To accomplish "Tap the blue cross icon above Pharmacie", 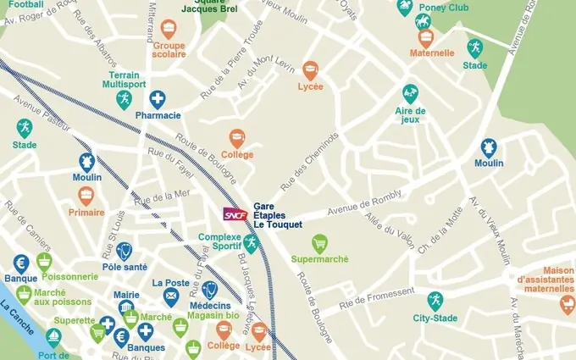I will coord(158,99).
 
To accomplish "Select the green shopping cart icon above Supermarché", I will coord(319,243).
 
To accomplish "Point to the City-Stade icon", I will coord(435,300).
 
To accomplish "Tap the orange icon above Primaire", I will coord(86,195).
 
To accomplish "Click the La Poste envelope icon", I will coord(171,297).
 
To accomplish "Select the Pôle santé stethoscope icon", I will coord(125,251).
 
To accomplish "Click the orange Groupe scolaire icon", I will coord(169,29).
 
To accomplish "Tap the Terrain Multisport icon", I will coord(125,100).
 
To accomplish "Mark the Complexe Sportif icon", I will coord(250,243).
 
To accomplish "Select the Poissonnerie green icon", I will coord(44,261).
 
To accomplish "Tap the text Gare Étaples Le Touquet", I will coord(272,216).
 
